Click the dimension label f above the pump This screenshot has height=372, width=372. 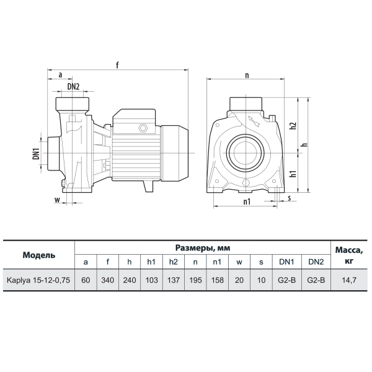coord(117,64)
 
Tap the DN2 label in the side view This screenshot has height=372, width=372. coord(73,87)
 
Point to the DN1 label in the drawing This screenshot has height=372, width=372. coord(36,154)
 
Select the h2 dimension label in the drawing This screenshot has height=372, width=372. coord(293,126)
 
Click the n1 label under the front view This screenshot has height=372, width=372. coord(247,201)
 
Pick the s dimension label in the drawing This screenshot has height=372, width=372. coord(289,198)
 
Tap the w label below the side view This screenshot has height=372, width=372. coord(57,200)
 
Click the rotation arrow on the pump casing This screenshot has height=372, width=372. coord(254,122)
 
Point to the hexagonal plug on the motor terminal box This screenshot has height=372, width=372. coord(143,128)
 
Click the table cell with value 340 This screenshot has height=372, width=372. coord(107,280)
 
